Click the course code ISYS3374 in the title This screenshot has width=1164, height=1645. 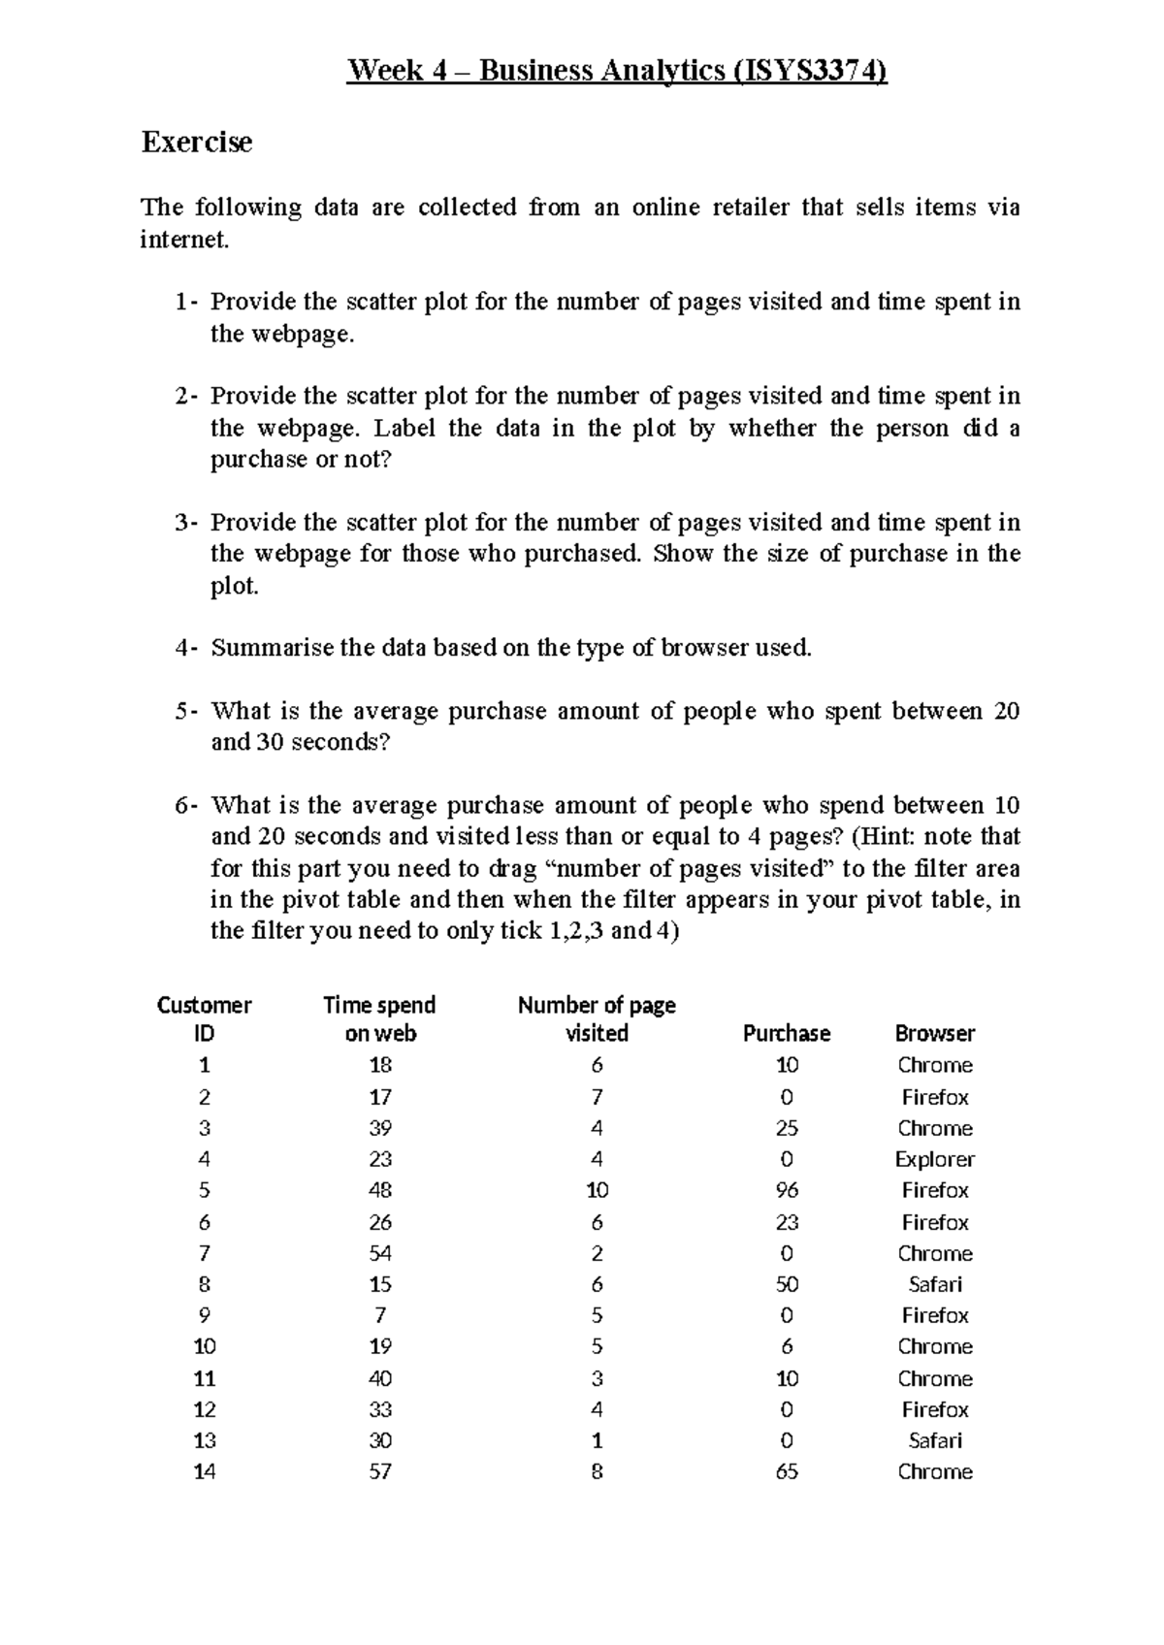click(811, 71)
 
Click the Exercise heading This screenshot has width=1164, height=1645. click(197, 143)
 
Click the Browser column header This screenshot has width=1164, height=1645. click(934, 1034)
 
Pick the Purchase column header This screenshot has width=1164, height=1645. click(786, 1034)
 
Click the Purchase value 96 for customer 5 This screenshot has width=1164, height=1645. click(787, 1190)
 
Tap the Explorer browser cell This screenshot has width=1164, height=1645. click(934, 1159)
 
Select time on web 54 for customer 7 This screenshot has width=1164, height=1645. click(380, 1253)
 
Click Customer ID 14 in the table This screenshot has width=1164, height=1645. click(204, 1471)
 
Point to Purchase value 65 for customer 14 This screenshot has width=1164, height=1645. click(787, 1471)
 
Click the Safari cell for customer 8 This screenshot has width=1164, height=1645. click(934, 1284)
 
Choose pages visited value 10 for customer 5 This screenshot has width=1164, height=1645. click(597, 1190)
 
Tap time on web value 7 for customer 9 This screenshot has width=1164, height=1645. click(380, 1315)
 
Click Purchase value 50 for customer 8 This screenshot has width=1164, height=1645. click(787, 1284)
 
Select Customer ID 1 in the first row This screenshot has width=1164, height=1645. click(204, 1065)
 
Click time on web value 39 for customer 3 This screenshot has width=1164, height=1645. click(380, 1128)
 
